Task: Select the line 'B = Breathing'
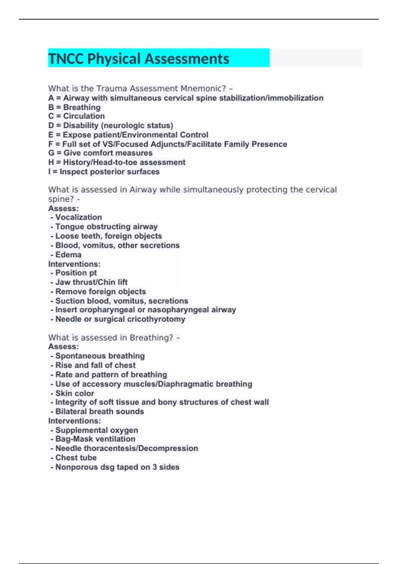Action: (74, 107)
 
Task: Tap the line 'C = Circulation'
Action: (76, 116)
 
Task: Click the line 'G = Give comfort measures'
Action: (100, 153)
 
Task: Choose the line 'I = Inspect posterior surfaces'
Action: (104, 172)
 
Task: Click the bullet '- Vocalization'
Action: (76, 217)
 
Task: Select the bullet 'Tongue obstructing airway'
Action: (106, 227)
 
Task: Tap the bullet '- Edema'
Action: (66, 254)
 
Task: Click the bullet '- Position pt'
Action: (74, 273)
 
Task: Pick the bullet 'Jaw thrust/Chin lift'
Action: (91, 282)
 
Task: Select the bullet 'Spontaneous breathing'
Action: (100, 356)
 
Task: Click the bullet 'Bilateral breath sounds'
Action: (99, 411)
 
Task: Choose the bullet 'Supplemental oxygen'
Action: (97, 430)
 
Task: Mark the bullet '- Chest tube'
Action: (74, 458)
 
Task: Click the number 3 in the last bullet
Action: (155, 467)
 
